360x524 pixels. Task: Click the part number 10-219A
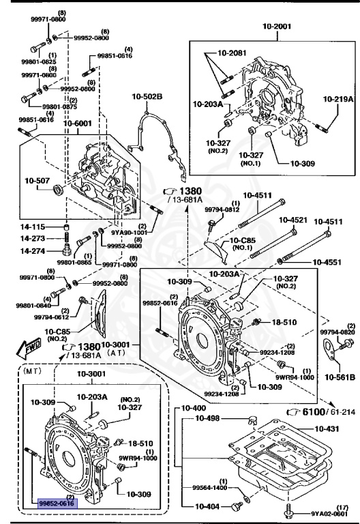338,99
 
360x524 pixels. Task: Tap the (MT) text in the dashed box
33,373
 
